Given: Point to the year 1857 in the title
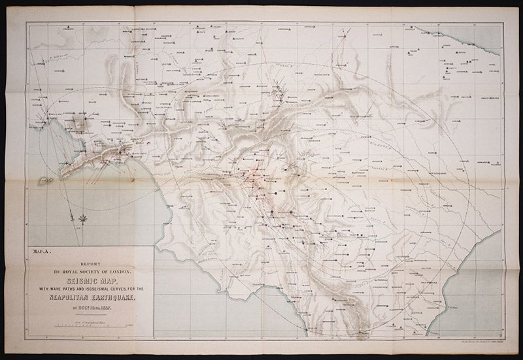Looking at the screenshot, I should click(105, 303).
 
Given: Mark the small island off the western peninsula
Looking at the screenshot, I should click(45, 179).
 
